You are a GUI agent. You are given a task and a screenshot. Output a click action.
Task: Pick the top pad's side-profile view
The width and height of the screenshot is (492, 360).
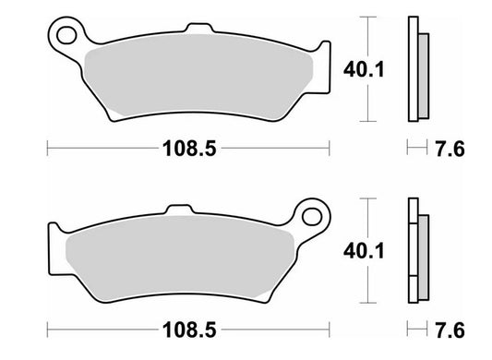(x=416, y=69)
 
